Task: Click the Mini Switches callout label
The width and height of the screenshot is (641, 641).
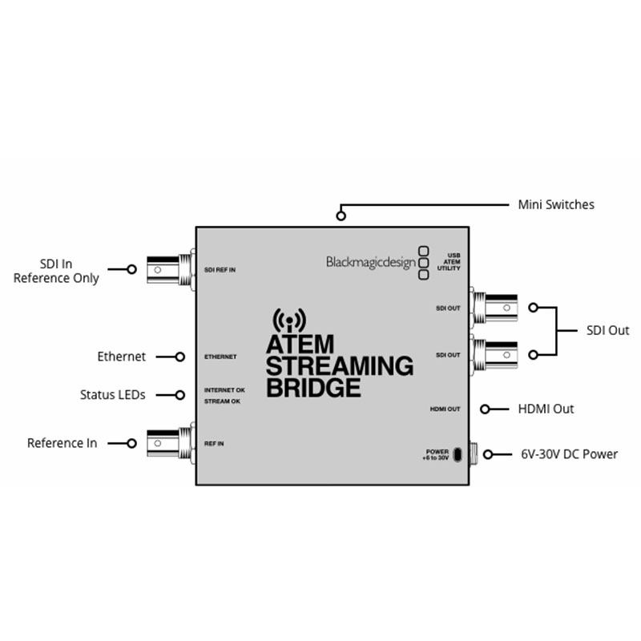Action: pyautogui.click(x=556, y=205)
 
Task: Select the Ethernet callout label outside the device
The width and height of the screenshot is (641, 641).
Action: pyautogui.click(x=121, y=357)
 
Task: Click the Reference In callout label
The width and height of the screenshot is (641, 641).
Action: pyautogui.click(x=62, y=443)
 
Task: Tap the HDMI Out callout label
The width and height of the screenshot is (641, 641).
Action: pyautogui.click(x=546, y=409)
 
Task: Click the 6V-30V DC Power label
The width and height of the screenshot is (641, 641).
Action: pyautogui.click(x=568, y=454)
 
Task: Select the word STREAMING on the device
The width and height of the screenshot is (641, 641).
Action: pyautogui.click(x=339, y=367)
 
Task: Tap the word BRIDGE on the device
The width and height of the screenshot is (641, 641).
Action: pyautogui.click(x=312, y=389)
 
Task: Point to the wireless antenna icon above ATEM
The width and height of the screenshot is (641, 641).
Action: pyautogui.click(x=289, y=320)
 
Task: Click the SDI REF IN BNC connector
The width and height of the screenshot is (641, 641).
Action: pyautogui.click(x=169, y=270)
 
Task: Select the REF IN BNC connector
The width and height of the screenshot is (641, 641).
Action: pyautogui.click(x=169, y=442)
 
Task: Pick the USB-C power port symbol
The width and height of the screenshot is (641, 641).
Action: pyautogui.click(x=457, y=455)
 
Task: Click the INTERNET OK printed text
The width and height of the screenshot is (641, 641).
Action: pyautogui.click(x=224, y=389)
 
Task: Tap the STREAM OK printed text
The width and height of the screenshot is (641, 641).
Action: pyautogui.click(x=222, y=401)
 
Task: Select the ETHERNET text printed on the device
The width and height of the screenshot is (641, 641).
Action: pyautogui.click(x=220, y=357)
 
